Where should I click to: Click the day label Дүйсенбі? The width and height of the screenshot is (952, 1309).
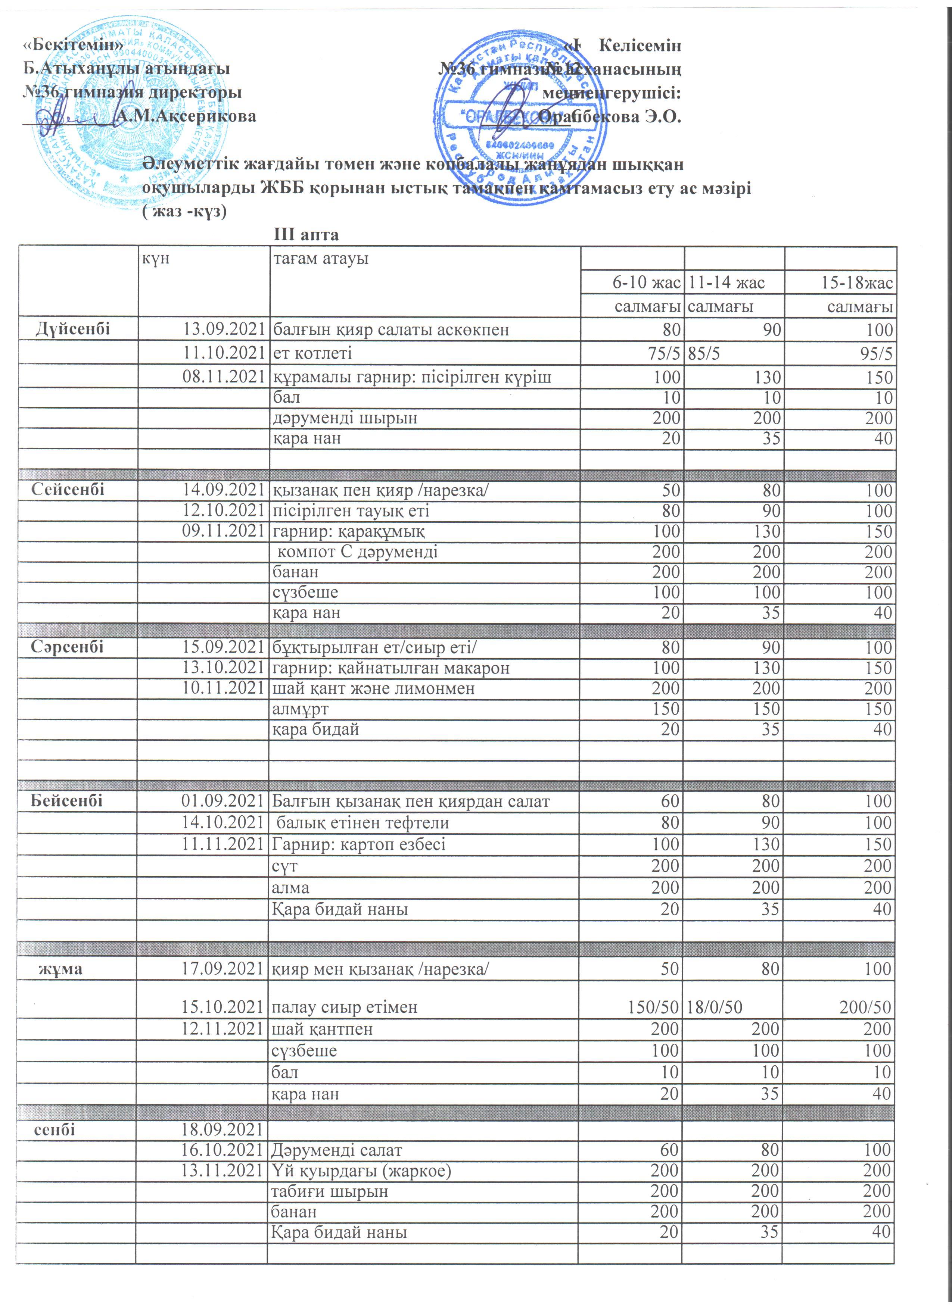tap(73, 329)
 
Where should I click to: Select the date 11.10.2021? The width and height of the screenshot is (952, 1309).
tap(223, 353)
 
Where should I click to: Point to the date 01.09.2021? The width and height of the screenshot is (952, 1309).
tap(223, 801)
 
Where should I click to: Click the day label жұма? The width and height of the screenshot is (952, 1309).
tap(60, 968)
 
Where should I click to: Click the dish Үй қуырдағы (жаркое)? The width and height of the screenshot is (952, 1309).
tap(361, 1171)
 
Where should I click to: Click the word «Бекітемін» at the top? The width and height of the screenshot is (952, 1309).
tap(73, 44)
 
